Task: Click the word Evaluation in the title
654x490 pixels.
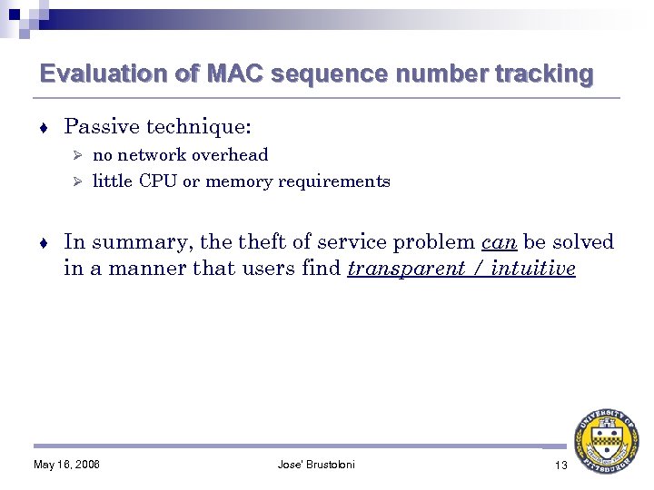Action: coord(91,73)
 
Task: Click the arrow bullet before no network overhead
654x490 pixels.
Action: coord(78,156)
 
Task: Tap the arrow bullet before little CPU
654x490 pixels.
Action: coord(78,182)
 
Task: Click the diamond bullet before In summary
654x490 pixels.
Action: coord(45,243)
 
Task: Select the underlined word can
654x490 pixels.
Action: coord(499,242)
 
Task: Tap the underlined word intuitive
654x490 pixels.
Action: coord(533,269)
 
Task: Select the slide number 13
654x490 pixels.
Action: coord(560,465)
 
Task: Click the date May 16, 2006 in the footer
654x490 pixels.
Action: coord(66,465)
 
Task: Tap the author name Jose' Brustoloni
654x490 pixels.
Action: coord(316,465)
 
